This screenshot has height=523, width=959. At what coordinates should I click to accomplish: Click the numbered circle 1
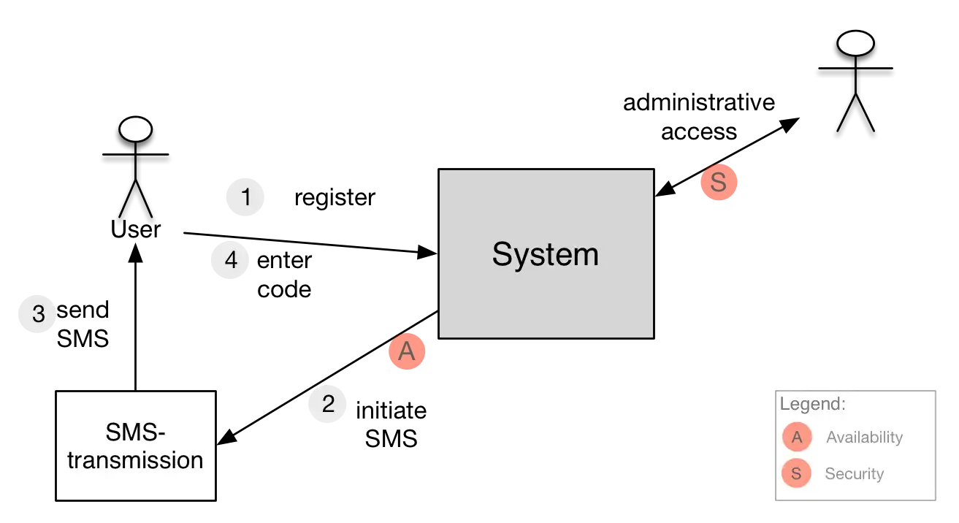tap(245, 197)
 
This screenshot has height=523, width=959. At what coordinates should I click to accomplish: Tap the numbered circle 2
tap(327, 404)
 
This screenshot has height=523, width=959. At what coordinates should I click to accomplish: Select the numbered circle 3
tap(38, 313)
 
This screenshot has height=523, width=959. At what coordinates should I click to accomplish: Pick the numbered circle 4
tap(231, 260)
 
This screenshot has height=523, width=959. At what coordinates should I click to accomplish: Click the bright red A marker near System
tap(407, 352)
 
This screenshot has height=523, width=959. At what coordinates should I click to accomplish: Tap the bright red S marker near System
tap(719, 183)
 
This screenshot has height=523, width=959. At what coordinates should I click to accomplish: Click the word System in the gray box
tap(545, 254)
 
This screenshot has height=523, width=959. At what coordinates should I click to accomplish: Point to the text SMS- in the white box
tap(135, 433)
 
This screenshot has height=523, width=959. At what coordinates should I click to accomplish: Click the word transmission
tap(135, 460)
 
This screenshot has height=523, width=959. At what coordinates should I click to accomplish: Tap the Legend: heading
tap(812, 404)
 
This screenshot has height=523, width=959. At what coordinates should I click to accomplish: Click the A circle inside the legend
tap(797, 438)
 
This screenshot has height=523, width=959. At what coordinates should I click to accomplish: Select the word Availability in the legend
tap(864, 438)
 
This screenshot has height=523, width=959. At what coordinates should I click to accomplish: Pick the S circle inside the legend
tap(796, 473)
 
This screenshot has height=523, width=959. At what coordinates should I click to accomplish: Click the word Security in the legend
tap(854, 473)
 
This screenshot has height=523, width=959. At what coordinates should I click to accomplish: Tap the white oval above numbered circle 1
tap(135, 129)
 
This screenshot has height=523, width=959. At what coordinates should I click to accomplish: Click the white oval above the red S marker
tap(855, 44)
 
